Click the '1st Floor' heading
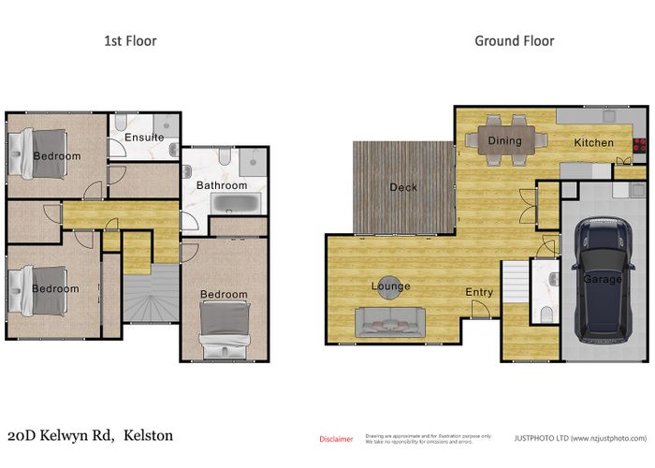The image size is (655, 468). tap(129, 41)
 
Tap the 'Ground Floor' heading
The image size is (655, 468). tap(514, 41)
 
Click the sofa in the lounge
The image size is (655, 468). tap(390, 321)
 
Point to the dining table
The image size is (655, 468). tap(505, 140)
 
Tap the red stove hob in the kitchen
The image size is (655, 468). tap(641, 145)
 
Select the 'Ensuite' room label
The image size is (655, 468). tap(144, 138)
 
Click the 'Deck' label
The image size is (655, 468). tap(403, 188)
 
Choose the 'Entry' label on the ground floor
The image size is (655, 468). tap(479, 293)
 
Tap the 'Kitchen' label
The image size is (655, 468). tap(593, 143)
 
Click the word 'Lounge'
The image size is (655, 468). tap(390, 286)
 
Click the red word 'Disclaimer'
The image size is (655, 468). tap(336, 438)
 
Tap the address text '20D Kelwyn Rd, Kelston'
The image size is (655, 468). tap(90, 436)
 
